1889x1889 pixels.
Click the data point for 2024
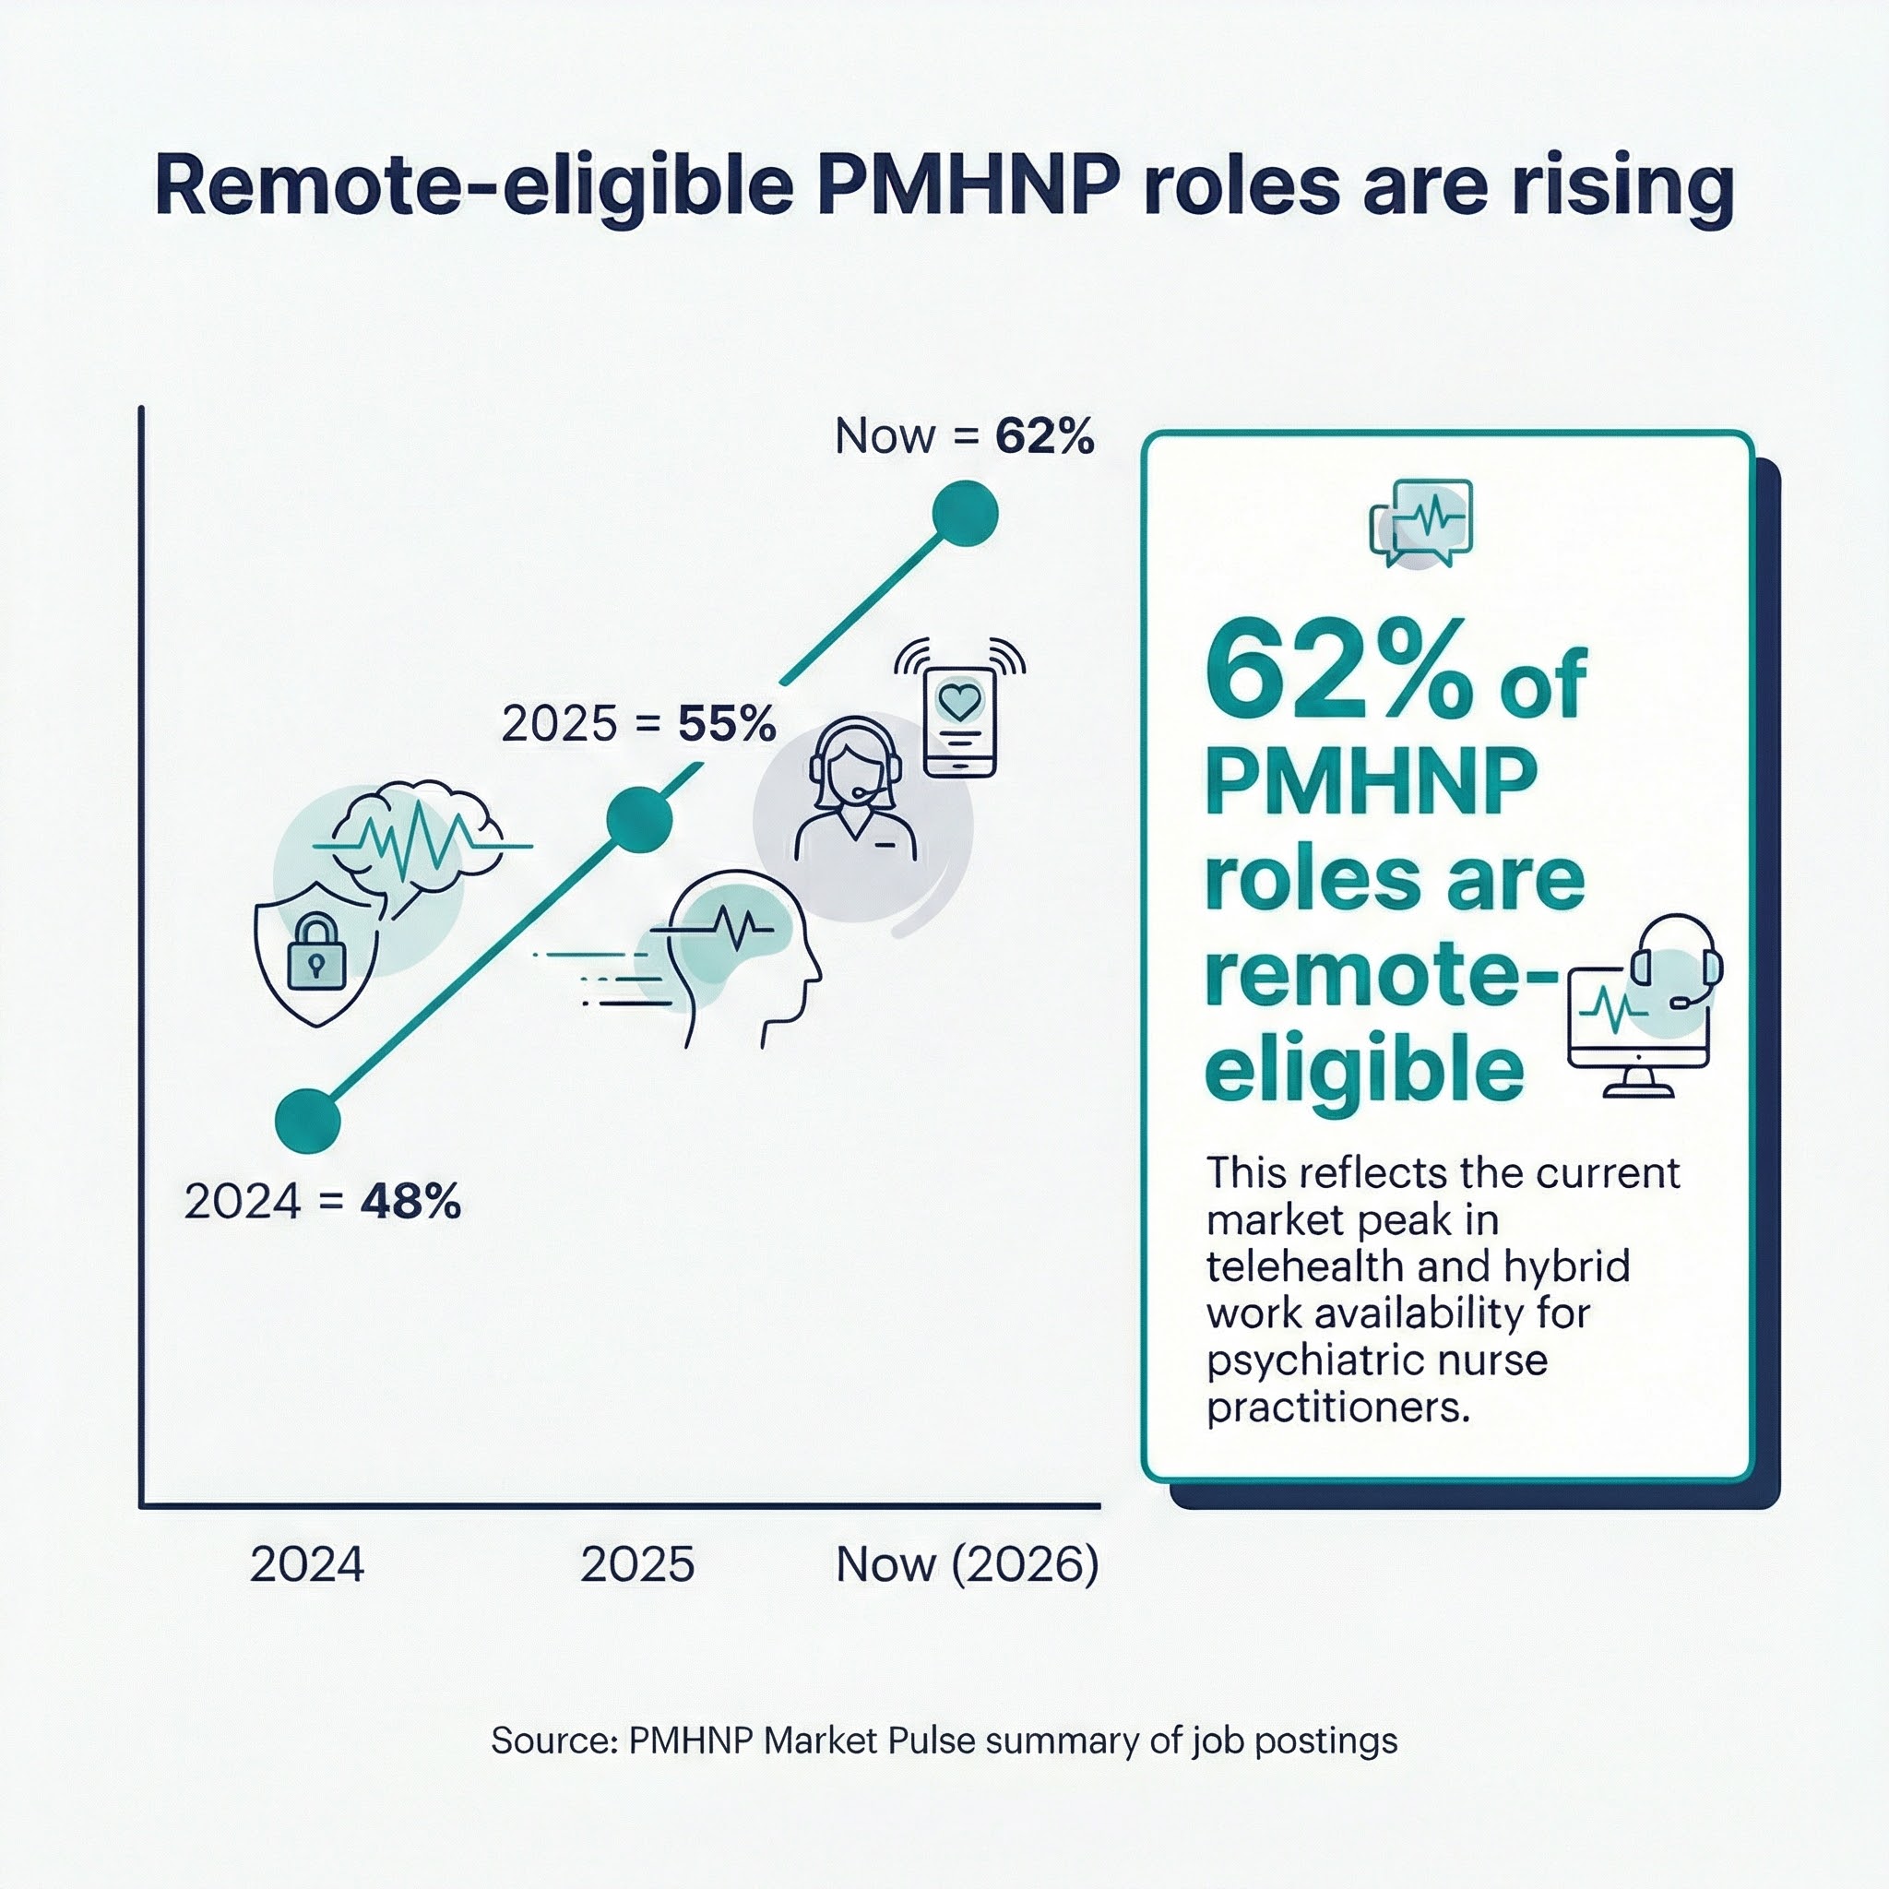click(308, 1122)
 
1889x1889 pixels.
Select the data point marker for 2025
click(639, 819)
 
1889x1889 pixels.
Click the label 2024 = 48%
click(322, 1202)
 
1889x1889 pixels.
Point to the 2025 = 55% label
click(638, 723)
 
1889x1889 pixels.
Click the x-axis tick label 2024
click(307, 1564)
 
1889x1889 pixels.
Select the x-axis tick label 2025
click(637, 1564)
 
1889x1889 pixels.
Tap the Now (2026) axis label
click(967, 1564)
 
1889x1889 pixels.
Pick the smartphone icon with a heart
click(960, 721)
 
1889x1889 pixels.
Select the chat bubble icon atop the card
click(1421, 523)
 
